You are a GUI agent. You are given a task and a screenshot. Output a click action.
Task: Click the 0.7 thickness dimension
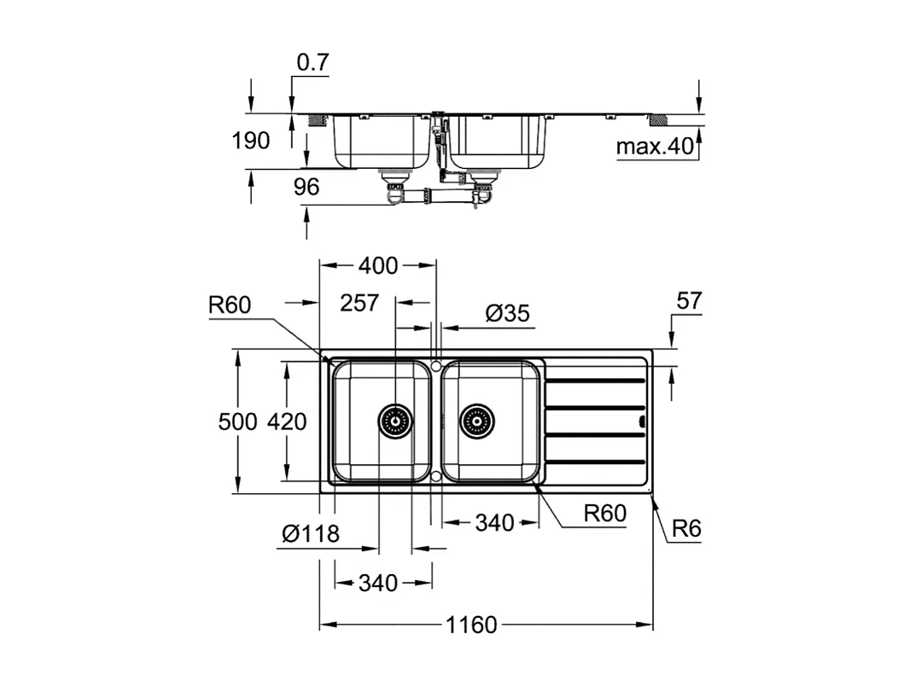point(312,62)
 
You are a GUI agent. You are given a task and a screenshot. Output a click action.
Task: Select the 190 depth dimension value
point(251,141)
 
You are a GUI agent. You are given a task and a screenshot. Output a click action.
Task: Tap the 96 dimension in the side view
point(306,186)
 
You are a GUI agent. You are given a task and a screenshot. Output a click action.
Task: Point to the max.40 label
point(655,147)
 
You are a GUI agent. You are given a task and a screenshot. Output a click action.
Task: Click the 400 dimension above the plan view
point(377,266)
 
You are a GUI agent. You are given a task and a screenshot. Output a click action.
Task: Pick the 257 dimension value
point(359,303)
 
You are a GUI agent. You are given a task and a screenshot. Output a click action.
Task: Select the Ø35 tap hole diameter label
point(508,313)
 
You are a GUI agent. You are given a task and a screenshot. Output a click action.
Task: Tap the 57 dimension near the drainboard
point(688,300)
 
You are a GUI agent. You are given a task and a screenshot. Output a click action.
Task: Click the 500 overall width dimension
point(236,421)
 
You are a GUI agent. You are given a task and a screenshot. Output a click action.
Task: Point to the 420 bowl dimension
point(287,421)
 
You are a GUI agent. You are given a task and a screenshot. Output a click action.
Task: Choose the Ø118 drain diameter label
point(311,534)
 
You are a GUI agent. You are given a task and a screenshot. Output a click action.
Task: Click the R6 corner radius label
point(686,529)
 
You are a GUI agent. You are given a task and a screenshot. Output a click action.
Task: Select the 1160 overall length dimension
point(470,625)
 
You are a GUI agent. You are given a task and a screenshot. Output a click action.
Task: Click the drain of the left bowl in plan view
point(394,421)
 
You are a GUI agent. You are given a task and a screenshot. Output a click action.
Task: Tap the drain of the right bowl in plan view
point(476,421)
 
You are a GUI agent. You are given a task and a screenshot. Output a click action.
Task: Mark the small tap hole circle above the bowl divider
point(435,365)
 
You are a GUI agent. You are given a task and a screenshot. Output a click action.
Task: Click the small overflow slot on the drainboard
point(642,420)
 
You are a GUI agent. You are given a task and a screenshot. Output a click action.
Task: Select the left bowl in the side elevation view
point(381,141)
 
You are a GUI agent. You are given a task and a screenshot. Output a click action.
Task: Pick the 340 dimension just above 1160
point(377,583)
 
